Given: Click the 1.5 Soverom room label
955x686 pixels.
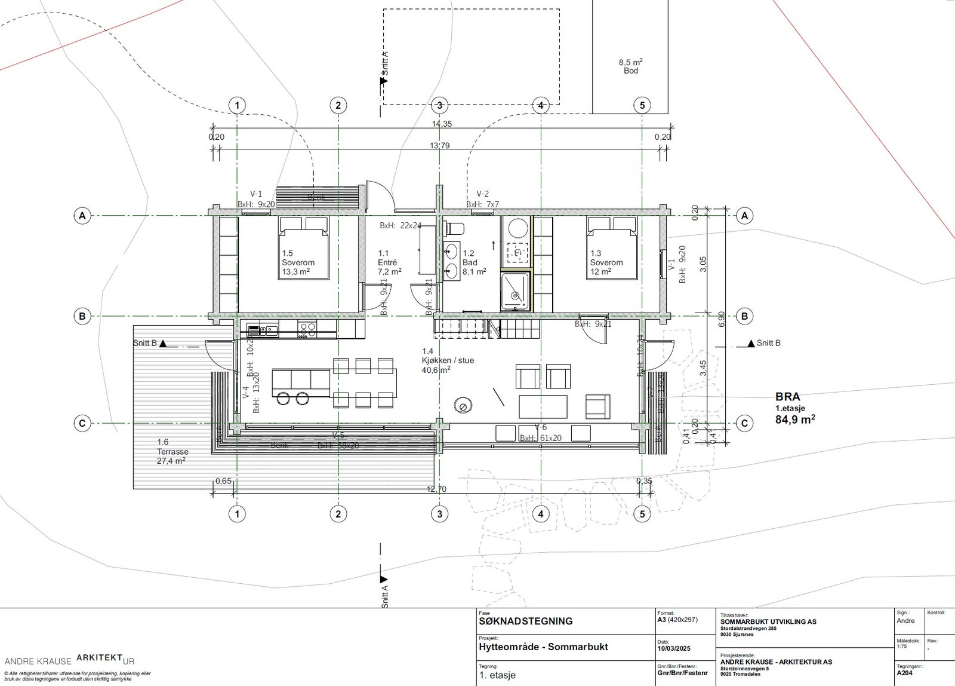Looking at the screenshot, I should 298,262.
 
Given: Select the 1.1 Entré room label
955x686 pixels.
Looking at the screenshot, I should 389,262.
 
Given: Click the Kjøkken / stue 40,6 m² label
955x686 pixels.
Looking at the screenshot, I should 448,360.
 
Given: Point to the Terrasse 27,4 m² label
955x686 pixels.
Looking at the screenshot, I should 172,452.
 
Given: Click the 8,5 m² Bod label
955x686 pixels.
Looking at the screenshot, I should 630,66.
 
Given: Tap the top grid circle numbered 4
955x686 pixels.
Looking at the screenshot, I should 541,105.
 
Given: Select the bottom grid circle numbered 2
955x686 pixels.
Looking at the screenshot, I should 338,513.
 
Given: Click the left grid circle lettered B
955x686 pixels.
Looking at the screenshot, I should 82,316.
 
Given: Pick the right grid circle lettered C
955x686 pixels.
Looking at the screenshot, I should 744,423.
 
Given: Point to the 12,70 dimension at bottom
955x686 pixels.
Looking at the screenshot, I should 436,489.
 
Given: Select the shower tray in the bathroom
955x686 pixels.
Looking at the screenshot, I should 515,292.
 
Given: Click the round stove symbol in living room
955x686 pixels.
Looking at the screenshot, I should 463,406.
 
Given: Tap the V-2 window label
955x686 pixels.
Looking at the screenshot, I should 482,194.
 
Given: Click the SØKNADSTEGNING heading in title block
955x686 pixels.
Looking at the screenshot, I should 525,621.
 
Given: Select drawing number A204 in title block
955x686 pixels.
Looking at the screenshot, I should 904,673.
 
